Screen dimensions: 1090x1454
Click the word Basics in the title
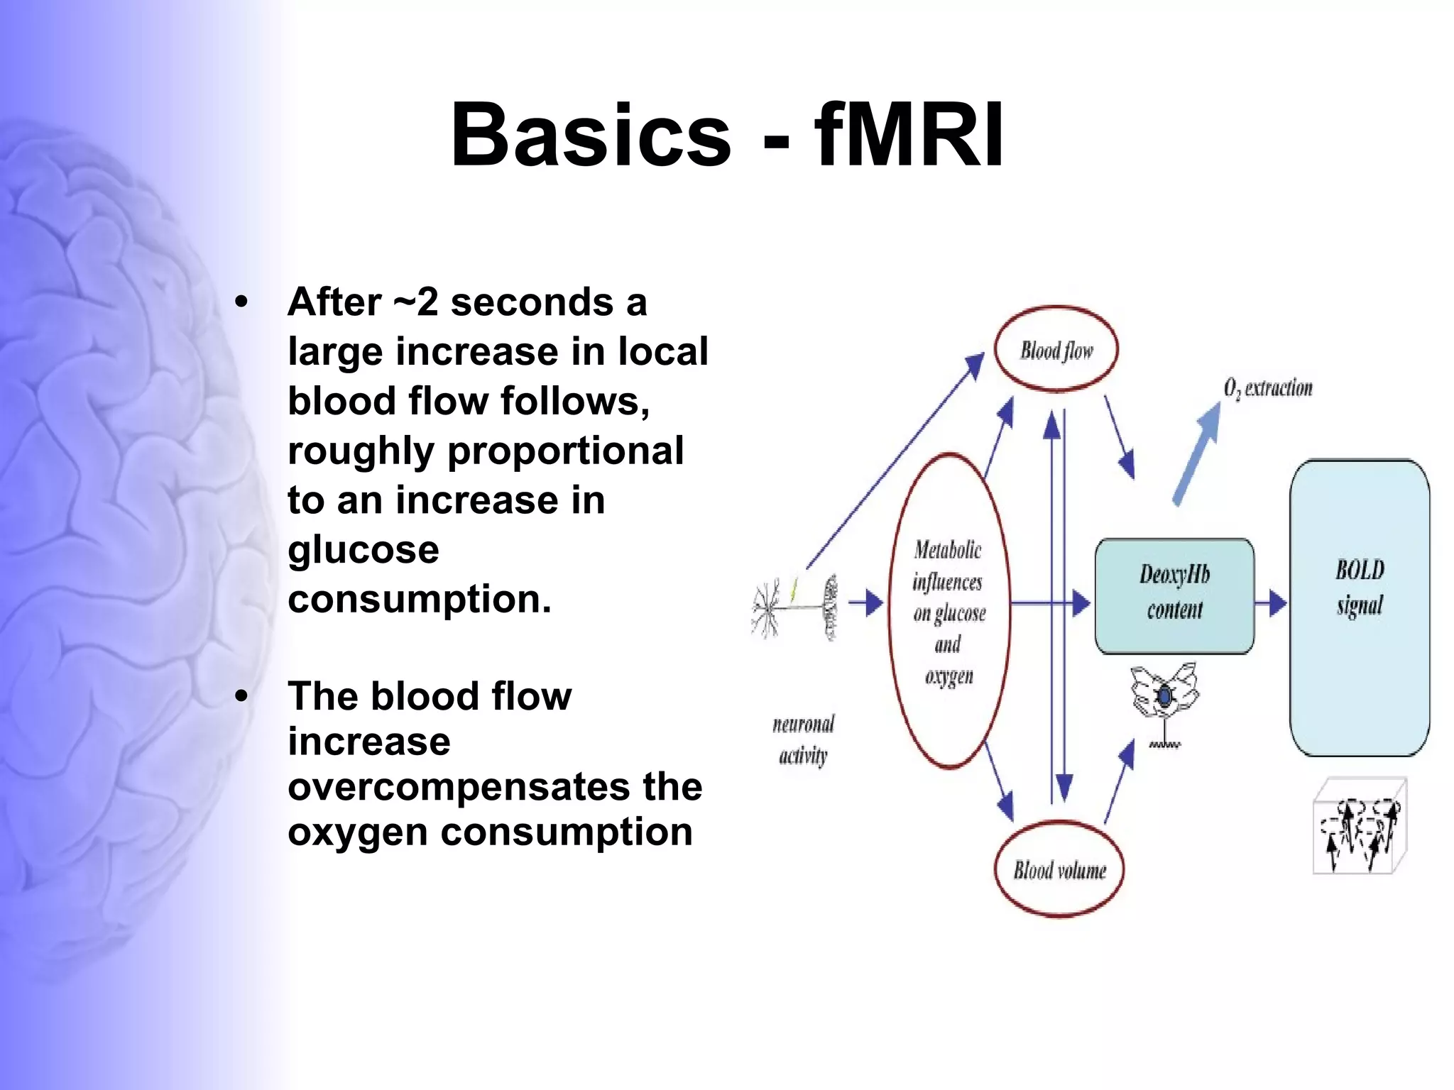[591, 135]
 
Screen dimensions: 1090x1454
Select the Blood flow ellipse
[1056, 349]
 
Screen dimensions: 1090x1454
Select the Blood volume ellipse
[1059, 869]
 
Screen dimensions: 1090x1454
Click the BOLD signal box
[1359, 607]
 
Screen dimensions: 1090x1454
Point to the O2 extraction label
[1268, 388]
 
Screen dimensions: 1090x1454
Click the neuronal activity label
[803, 739]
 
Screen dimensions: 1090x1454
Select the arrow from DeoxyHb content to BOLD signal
[1271, 603]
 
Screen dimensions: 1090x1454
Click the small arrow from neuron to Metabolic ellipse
[865, 604]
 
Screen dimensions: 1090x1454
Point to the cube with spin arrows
[1359, 827]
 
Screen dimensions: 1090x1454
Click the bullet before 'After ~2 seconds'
[241, 302]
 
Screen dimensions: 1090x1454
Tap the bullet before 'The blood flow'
[241, 696]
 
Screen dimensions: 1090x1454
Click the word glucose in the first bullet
[363, 550]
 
